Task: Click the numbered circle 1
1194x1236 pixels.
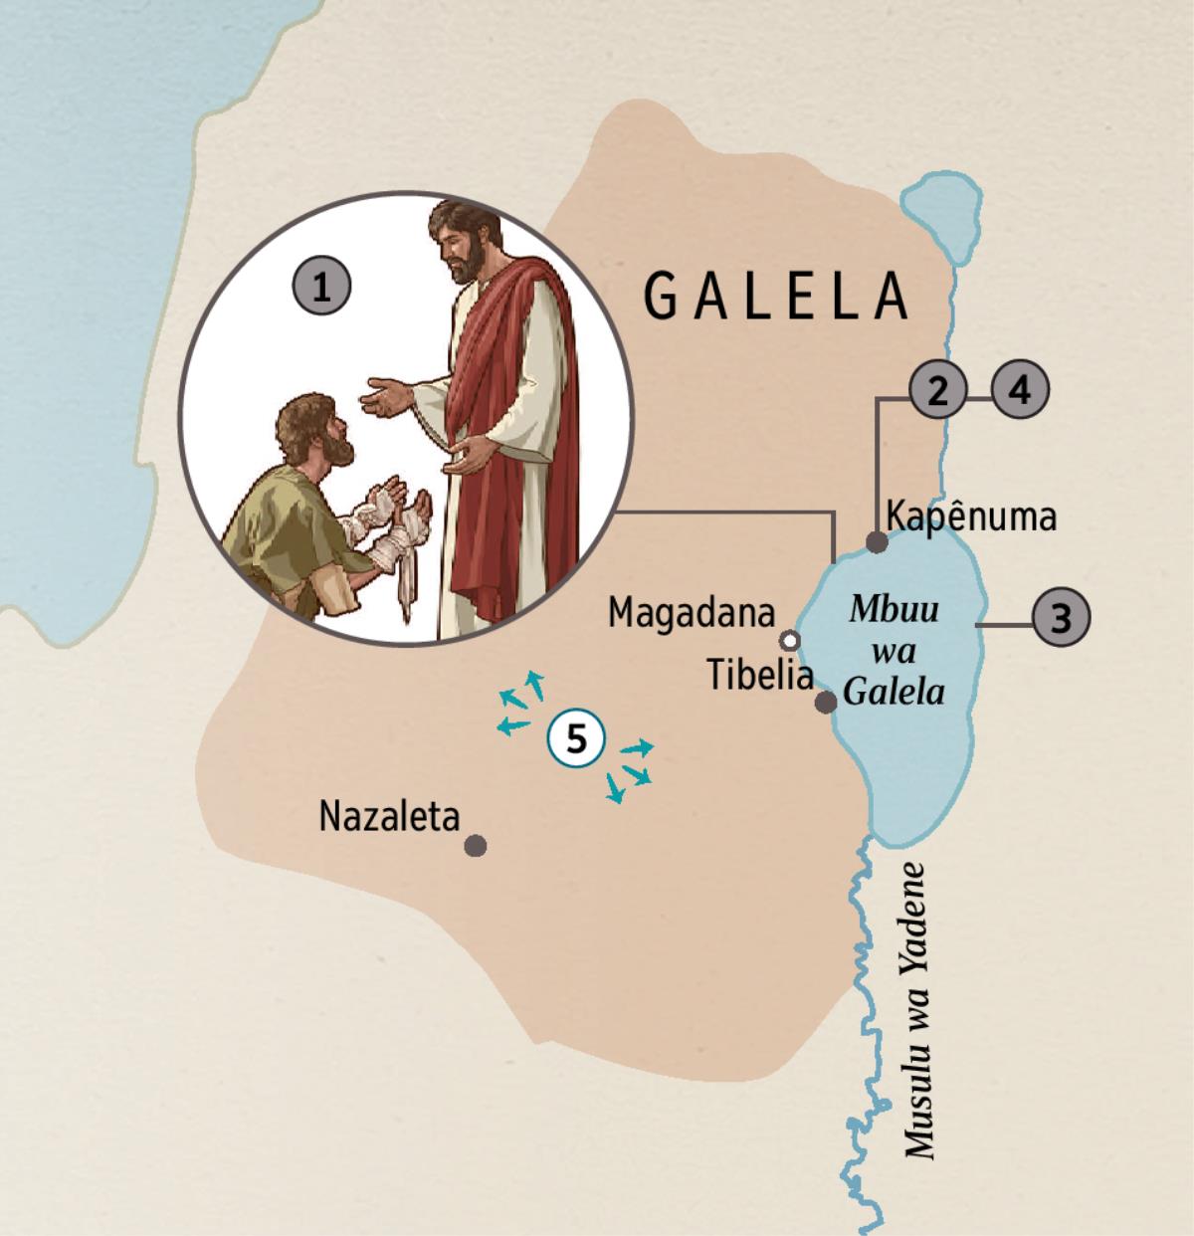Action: click(x=320, y=288)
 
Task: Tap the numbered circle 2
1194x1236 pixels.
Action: click(x=936, y=390)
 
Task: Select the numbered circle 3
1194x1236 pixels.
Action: click(x=1062, y=618)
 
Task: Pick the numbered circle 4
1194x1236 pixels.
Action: click(x=1020, y=390)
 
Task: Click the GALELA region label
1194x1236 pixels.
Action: click(x=776, y=296)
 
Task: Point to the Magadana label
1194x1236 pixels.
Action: click(x=691, y=613)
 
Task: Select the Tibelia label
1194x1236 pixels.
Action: click(x=760, y=676)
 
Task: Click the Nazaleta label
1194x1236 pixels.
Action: click(x=389, y=817)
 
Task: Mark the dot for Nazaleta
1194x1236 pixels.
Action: click(x=476, y=846)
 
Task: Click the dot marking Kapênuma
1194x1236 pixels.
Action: click(x=877, y=542)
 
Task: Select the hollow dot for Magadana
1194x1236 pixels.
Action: click(x=790, y=638)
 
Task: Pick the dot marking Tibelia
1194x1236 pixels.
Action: click(x=825, y=703)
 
